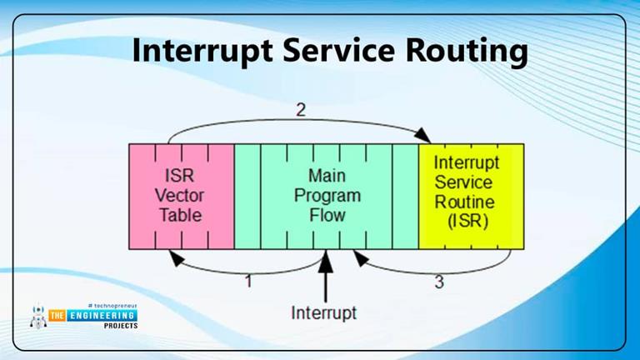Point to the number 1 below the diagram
247,282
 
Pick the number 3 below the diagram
439,282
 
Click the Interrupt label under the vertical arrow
323,313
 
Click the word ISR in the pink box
181,177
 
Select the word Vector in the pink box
181,196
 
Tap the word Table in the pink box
181,214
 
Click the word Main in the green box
327,177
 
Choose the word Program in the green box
327,196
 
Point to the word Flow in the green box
327,214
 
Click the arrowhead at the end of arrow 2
426,137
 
